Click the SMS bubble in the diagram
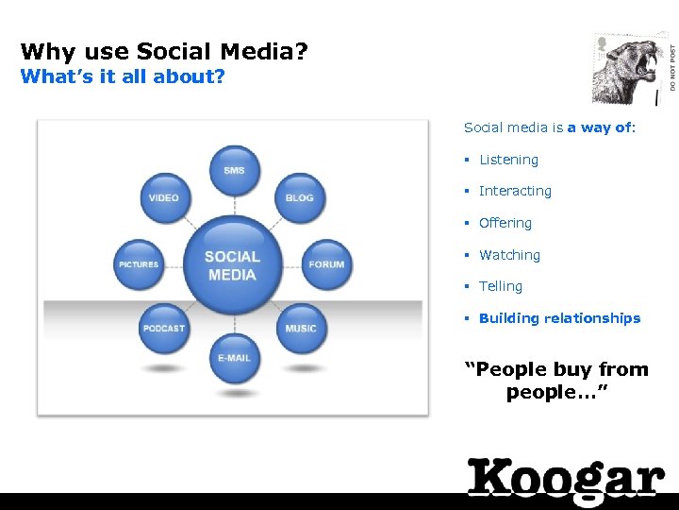click(234, 171)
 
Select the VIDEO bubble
click(163, 198)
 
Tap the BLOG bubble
click(300, 198)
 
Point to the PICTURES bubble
click(139, 264)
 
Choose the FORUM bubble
click(326, 264)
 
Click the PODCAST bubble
click(163, 329)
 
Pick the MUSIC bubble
click(301, 329)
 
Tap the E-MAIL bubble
click(234, 359)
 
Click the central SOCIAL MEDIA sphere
click(232, 264)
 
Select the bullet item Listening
click(508, 161)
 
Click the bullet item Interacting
click(515, 191)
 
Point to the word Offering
click(505, 223)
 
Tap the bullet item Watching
click(509, 255)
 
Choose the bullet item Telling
click(500, 286)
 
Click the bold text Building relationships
click(559, 318)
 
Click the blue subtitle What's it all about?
click(123, 76)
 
